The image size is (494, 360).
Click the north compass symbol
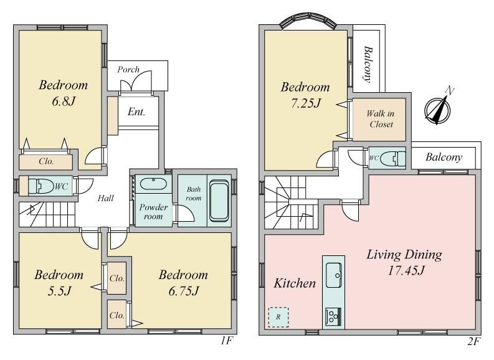437,109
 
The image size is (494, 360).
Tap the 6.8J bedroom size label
64,102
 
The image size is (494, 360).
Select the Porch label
128,69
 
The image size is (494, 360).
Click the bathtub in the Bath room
219,200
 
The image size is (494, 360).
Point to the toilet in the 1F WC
41,186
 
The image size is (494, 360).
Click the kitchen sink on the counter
334,275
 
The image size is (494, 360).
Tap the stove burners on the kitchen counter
333,316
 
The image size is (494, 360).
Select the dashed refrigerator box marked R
278,317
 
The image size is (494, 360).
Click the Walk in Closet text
381,119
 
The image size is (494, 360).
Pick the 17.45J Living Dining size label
406,270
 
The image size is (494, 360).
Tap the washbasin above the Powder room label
153,184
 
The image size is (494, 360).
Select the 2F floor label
473,341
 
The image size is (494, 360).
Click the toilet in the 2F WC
393,158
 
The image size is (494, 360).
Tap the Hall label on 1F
105,198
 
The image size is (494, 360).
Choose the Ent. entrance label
136,112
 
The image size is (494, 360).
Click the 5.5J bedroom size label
59,291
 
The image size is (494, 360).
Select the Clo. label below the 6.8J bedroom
46,161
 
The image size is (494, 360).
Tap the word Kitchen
295,283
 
